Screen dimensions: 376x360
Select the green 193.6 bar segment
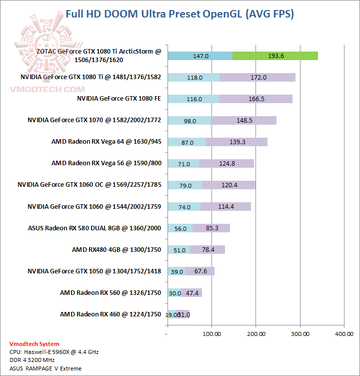(275, 56)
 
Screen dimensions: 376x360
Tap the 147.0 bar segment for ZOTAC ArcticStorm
(200, 56)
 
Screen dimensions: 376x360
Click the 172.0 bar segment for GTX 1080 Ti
(257, 77)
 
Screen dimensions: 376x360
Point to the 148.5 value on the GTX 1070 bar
(243, 120)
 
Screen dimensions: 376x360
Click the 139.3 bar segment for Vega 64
(236, 142)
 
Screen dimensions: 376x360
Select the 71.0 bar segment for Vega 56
(183, 163)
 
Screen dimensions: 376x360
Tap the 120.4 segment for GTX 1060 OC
(229, 185)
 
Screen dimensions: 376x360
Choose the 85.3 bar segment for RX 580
(211, 228)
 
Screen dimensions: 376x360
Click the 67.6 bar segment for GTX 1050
(200, 271)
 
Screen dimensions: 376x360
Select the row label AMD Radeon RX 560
(110, 292)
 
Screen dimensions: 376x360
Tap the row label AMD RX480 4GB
(116, 249)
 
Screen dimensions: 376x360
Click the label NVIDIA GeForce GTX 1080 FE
(118, 99)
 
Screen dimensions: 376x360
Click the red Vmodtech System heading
(34, 344)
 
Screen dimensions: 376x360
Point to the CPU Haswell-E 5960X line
(54, 352)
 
